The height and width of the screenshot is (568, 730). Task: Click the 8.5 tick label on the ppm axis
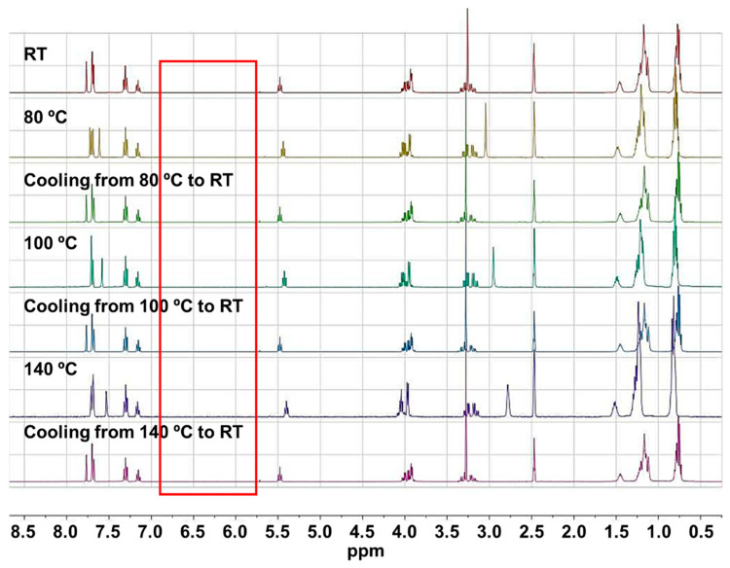(24, 532)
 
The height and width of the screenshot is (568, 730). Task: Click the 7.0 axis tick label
(151, 532)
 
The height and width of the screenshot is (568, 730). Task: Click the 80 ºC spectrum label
(46, 117)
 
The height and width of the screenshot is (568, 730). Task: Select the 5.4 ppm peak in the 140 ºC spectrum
(286, 408)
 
